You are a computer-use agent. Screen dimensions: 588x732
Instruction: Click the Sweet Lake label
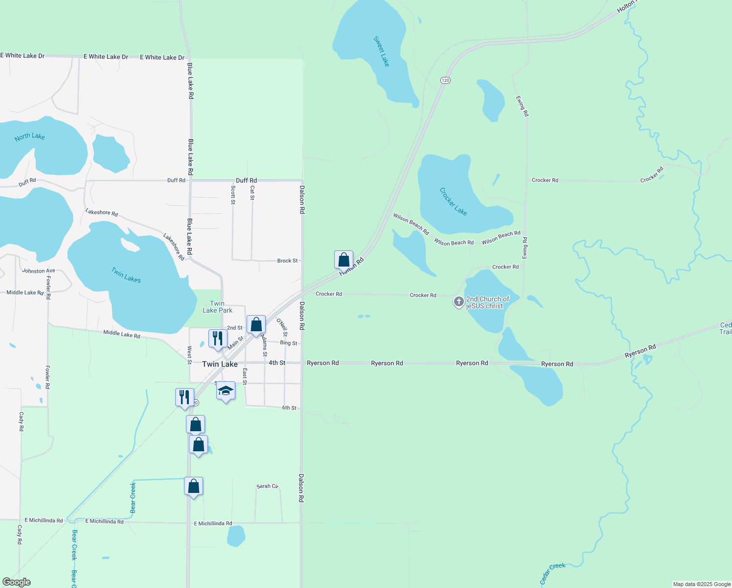tap(381, 51)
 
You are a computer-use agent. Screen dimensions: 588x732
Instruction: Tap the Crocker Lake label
tap(453, 201)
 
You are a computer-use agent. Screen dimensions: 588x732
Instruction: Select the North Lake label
tap(30, 137)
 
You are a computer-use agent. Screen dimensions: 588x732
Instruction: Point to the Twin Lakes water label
tap(126, 275)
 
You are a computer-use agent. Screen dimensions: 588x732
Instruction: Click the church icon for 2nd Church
tap(458, 302)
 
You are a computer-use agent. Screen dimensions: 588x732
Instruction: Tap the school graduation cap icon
tap(226, 391)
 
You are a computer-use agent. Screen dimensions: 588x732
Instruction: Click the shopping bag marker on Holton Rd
tap(344, 260)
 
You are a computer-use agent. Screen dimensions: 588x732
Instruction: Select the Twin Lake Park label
tap(217, 307)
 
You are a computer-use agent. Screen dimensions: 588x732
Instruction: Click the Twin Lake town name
tap(220, 364)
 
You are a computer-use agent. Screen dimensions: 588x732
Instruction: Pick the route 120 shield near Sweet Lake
tap(445, 80)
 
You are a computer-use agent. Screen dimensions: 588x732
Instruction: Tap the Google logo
tap(17, 582)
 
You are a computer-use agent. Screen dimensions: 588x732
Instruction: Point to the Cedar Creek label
tap(552, 573)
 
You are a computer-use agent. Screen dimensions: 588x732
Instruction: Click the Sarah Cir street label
tap(267, 486)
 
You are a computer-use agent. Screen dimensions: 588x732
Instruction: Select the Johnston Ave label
tap(39, 270)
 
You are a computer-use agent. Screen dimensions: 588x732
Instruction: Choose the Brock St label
tap(287, 261)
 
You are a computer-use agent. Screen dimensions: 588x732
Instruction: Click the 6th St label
tap(289, 408)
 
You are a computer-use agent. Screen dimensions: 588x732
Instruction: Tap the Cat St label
tap(252, 193)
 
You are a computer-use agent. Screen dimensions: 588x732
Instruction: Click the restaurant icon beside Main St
tap(218, 339)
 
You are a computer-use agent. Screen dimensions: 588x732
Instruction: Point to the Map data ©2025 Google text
tap(702, 584)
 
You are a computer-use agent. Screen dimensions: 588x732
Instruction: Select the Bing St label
tap(288, 343)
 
